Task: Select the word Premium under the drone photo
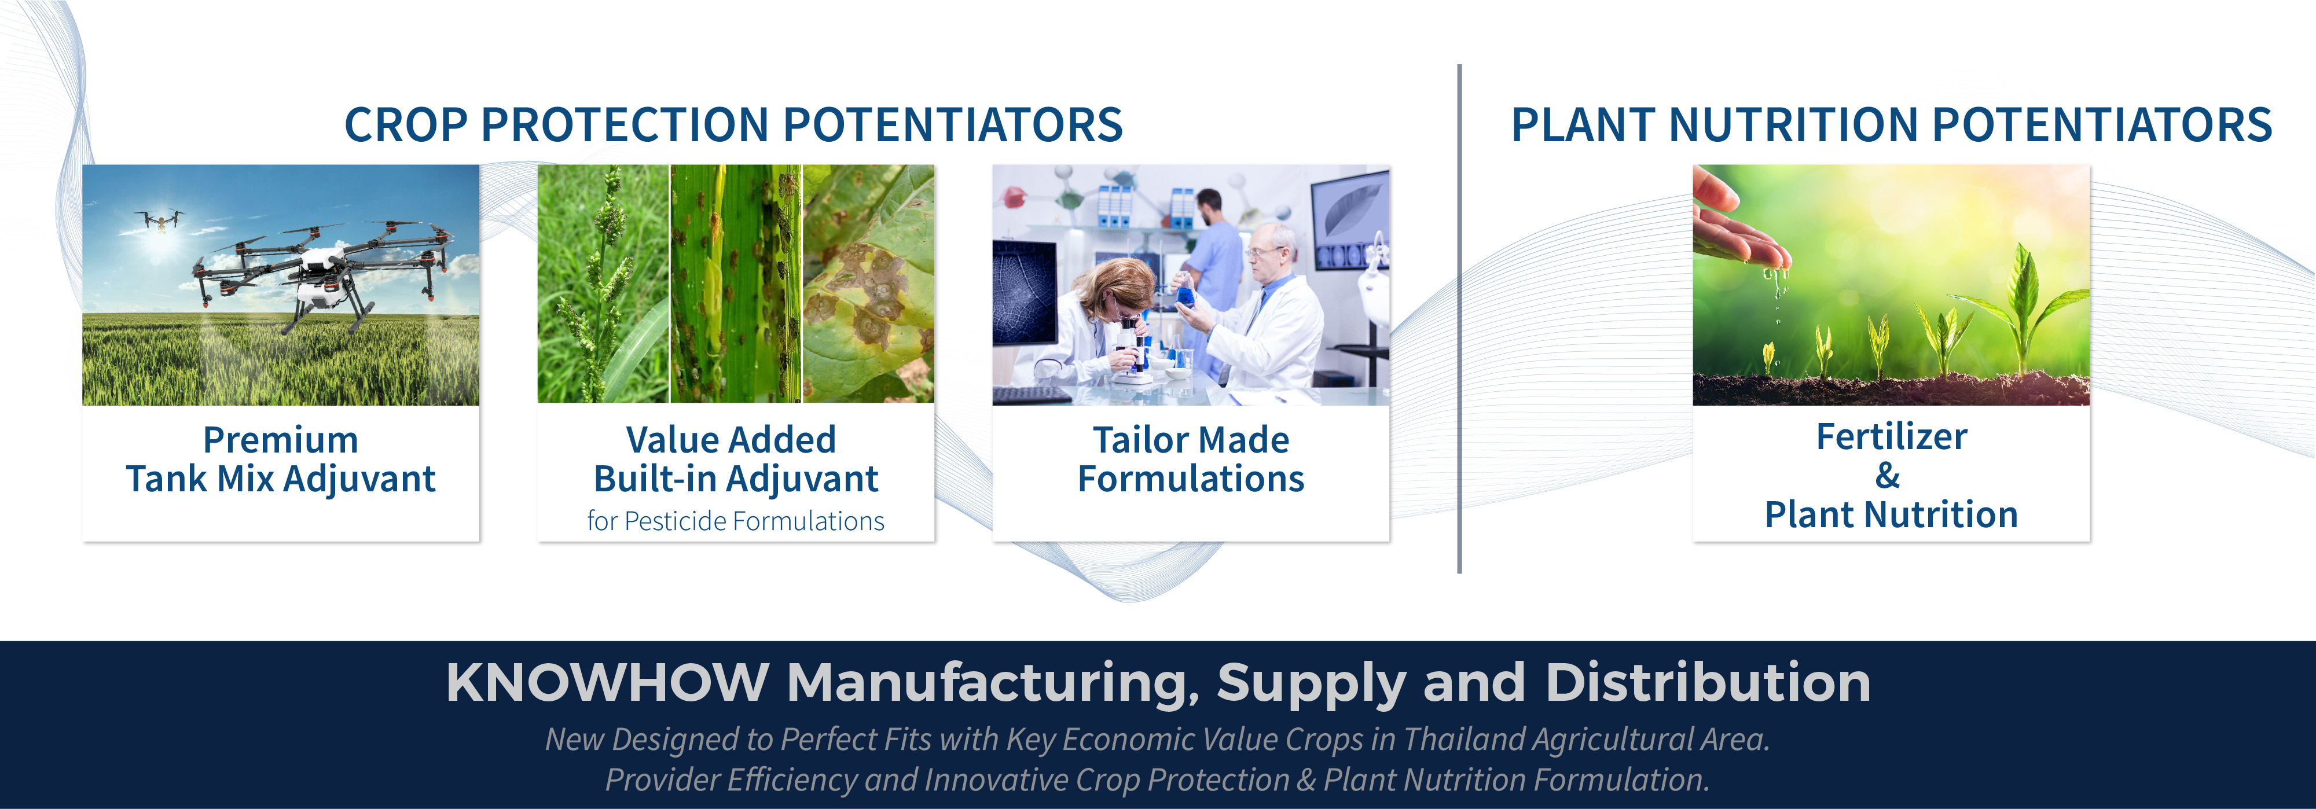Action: [x=281, y=440]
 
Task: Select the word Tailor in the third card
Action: [x=1138, y=440]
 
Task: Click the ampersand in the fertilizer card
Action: [x=1888, y=476]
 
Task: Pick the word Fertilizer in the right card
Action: [x=1892, y=437]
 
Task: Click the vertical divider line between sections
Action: [x=1459, y=319]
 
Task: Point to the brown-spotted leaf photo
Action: [x=868, y=283]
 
